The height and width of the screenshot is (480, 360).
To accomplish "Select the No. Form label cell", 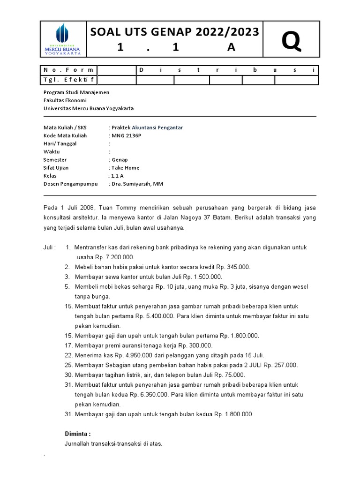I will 69,70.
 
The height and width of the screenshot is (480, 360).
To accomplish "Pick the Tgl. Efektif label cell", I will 69,80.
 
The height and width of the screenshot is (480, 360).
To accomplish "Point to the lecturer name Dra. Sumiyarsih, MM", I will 137,184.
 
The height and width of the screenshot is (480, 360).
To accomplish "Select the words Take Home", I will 125,167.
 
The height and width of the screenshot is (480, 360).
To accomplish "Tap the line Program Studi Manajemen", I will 76,92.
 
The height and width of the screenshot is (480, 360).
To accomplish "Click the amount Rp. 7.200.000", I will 115,257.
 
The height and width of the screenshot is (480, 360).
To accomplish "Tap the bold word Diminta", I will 77,434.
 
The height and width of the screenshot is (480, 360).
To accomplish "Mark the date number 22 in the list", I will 68,355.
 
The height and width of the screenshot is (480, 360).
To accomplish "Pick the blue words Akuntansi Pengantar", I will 157,127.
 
